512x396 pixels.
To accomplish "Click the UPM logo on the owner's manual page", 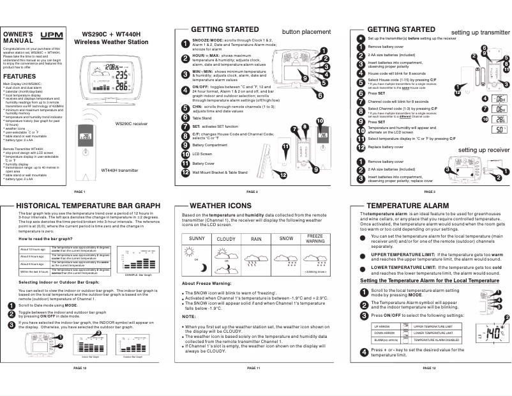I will pos(49,36).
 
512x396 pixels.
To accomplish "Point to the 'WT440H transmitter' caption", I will pos(120,171).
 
